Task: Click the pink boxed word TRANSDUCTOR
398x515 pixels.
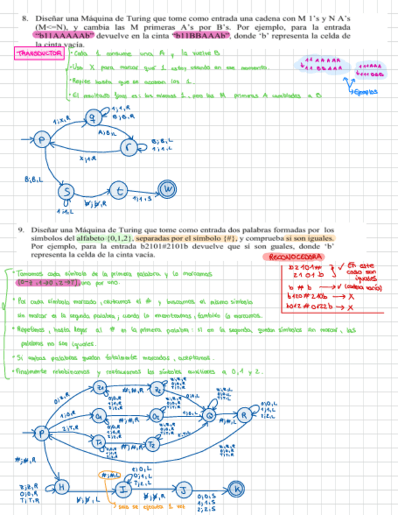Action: pos(39,54)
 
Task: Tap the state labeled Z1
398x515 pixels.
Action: pos(101,389)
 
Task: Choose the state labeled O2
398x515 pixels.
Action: pos(155,416)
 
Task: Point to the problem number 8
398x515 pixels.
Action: pos(25,19)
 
